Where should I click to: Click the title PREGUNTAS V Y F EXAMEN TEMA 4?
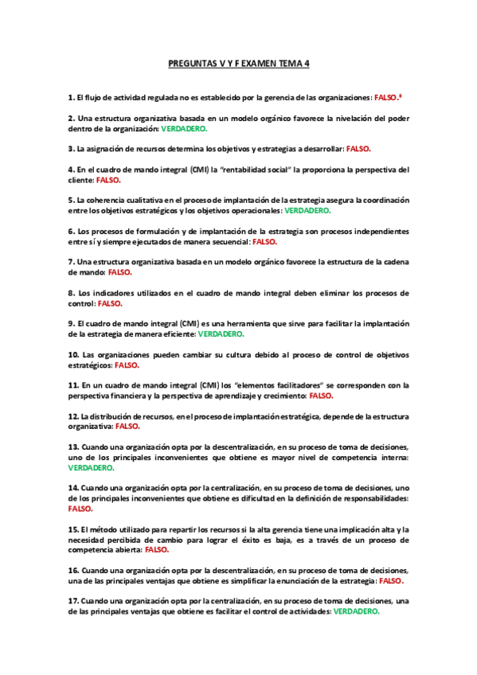point(238,64)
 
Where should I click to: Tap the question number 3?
point(71,149)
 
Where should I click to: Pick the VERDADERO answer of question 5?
point(307,211)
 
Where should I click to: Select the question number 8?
point(71,293)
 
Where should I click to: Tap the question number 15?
point(72,529)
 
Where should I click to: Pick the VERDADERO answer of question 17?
point(356,612)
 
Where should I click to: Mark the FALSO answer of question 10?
point(127,365)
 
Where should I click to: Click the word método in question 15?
point(103,529)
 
